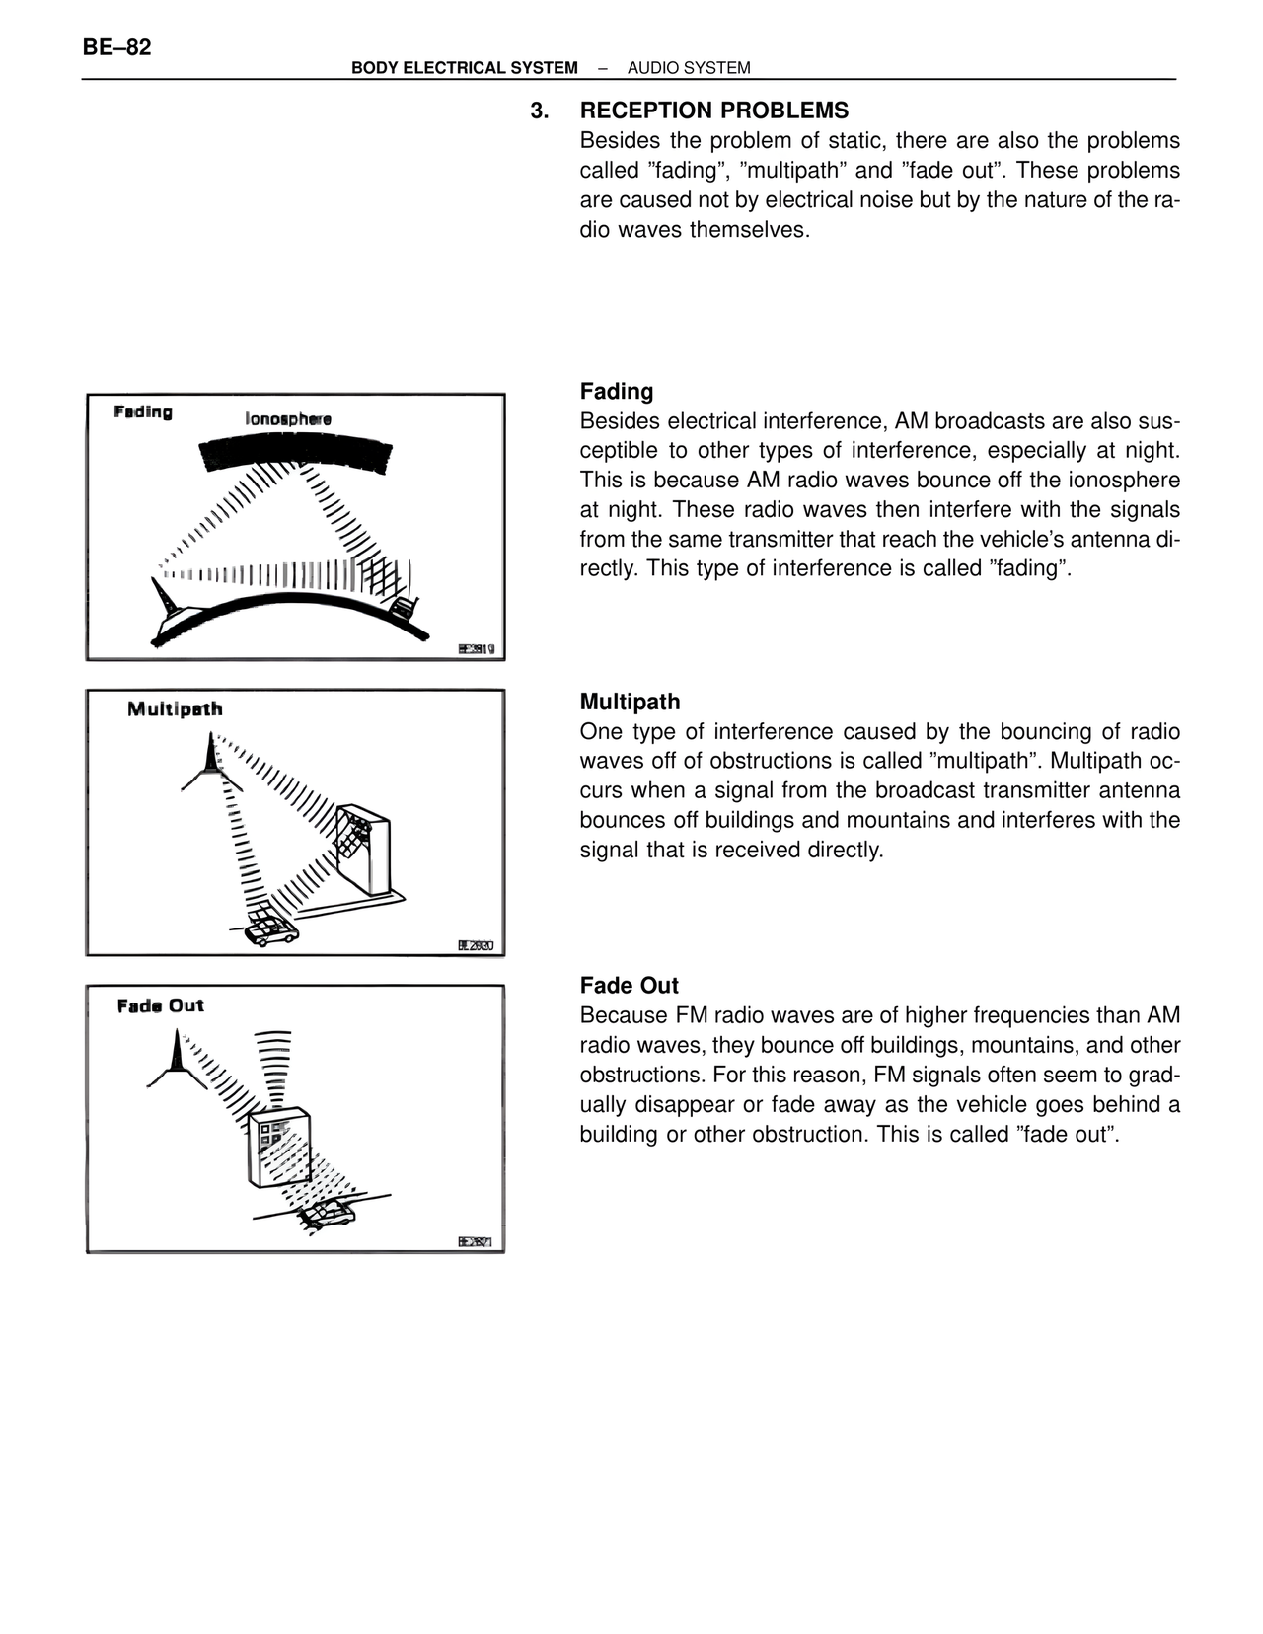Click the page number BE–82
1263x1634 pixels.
117,47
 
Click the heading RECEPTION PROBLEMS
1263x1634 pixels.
713,111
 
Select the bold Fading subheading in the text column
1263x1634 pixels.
616,391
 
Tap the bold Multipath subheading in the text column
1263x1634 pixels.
630,702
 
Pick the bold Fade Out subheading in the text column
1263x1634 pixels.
629,985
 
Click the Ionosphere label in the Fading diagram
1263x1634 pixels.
288,419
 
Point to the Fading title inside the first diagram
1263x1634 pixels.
143,412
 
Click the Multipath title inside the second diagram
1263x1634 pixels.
175,708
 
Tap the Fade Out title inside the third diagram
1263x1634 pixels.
160,1005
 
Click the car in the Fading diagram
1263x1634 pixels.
402,607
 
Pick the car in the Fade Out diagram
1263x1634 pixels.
327,1214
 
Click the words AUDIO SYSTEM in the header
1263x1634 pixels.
689,68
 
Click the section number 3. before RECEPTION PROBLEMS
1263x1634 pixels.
539,111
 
